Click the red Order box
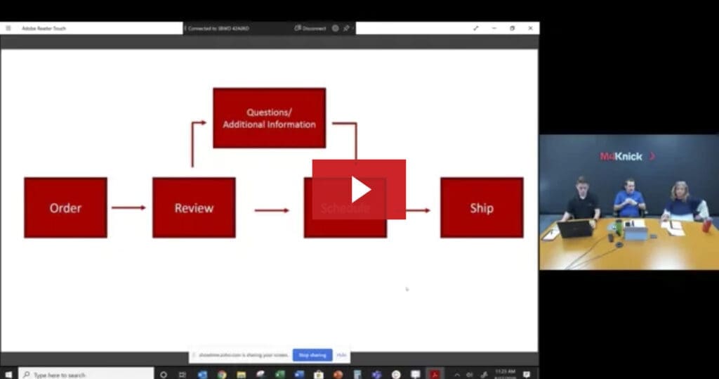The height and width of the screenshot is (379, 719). point(65,207)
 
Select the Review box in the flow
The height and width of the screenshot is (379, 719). point(194,207)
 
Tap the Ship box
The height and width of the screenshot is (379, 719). point(482,207)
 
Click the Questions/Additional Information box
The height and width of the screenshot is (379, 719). point(269,117)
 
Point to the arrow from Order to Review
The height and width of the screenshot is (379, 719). point(128,207)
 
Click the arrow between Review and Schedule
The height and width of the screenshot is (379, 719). point(272,210)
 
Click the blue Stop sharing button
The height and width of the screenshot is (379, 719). point(312,355)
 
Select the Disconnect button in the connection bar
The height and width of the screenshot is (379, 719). point(310,28)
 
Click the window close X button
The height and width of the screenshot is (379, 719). point(530,28)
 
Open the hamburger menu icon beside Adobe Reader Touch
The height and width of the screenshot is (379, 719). point(8,28)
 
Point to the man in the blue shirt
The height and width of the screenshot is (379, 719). point(629,199)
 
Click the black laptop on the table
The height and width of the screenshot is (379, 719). point(576,229)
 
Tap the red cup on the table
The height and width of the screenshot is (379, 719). point(706,225)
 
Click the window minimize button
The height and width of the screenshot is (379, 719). point(494,28)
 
